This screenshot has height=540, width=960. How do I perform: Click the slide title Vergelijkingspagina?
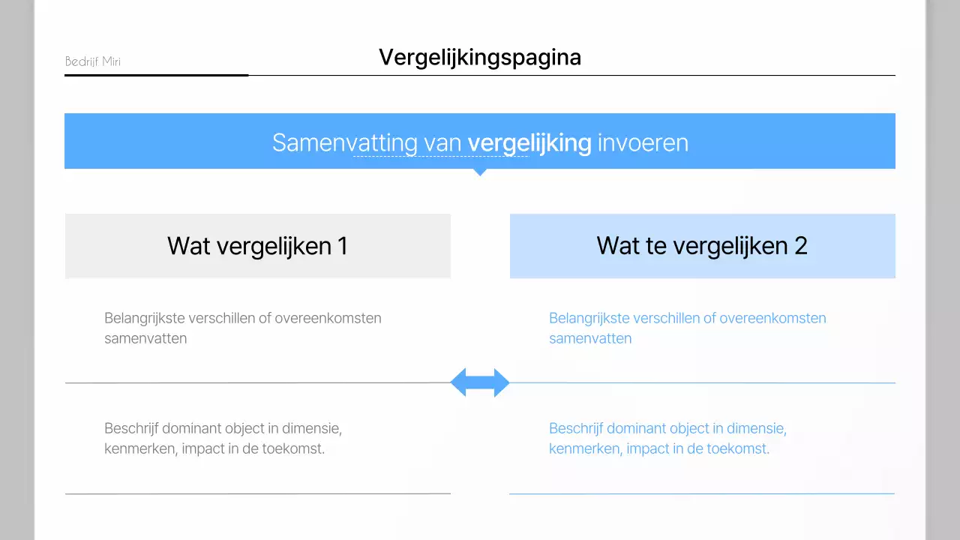click(x=479, y=57)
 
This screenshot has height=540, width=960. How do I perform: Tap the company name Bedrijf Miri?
click(x=92, y=61)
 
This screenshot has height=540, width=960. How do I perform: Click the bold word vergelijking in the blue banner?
click(x=529, y=142)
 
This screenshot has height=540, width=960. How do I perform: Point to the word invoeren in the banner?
click(x=643, y=142)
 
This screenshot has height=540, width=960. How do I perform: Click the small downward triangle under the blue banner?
click(x=480, y=172)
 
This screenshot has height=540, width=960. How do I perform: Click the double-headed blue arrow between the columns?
click(x=480, y=383)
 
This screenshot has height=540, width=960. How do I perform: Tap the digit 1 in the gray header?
click(x=342, y=246)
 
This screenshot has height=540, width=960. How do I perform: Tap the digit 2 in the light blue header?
click(x=800, y=246)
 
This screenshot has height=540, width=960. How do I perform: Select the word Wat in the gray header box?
click(x=188, y=246)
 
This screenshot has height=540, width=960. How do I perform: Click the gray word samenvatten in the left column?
click(x=145, y=338)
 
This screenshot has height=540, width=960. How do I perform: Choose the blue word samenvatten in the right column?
click(x=590, y=338)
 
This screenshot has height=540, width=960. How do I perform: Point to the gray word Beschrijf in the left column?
click(x=131, y=429)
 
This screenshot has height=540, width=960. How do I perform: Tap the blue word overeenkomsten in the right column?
click(x=772, y=318)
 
